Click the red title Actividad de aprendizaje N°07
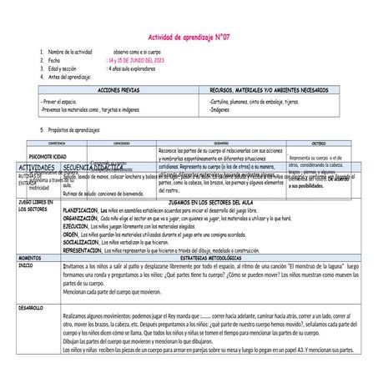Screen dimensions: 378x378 [188, 38]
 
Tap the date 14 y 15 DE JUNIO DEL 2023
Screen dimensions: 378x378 [136, 61]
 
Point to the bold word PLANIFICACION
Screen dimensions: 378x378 [81, 210]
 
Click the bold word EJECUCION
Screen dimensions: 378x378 [75, 226]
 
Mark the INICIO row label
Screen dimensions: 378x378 [26, 265]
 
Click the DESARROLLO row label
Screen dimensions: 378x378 [32, 308]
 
